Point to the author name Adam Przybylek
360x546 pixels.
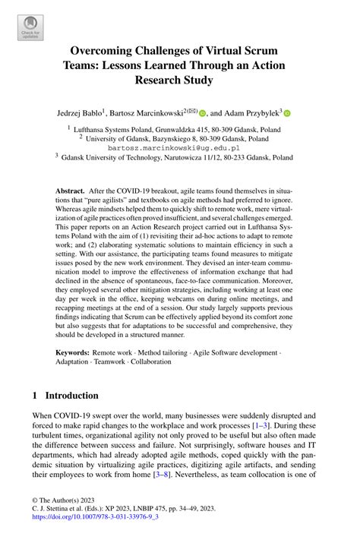point(250,112)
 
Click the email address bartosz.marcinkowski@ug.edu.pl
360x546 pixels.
point(178,148)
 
